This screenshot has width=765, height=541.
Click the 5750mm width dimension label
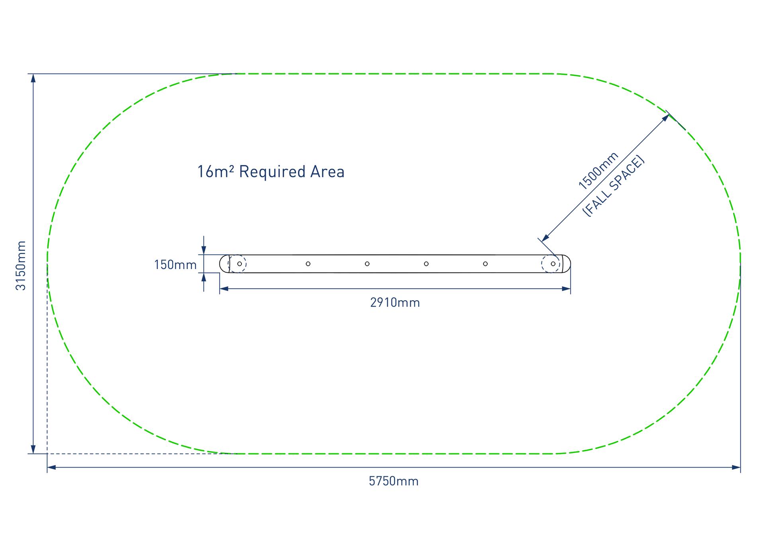point(394,481)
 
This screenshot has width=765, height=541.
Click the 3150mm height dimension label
point(21,266)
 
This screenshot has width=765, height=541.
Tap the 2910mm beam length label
point(395,303)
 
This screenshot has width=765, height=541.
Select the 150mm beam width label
point(175,265)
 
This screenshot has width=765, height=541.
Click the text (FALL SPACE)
point(613,186)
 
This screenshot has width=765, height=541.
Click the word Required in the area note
point(273,172)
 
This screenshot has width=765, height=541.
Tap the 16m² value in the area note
point(215,172)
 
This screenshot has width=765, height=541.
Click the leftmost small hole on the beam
point(239,264)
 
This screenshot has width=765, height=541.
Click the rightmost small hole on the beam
point(553,264)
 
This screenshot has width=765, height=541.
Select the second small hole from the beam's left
point(308,264)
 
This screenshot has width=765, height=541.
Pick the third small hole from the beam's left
point(367,264)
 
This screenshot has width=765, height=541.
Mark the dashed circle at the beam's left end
point(238,264)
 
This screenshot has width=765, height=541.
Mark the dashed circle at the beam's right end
point(551,264)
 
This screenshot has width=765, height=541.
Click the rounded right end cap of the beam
point(566,264)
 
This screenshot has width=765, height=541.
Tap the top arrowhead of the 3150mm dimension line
point(33,78)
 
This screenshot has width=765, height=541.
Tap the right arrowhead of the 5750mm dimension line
point(736,467)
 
